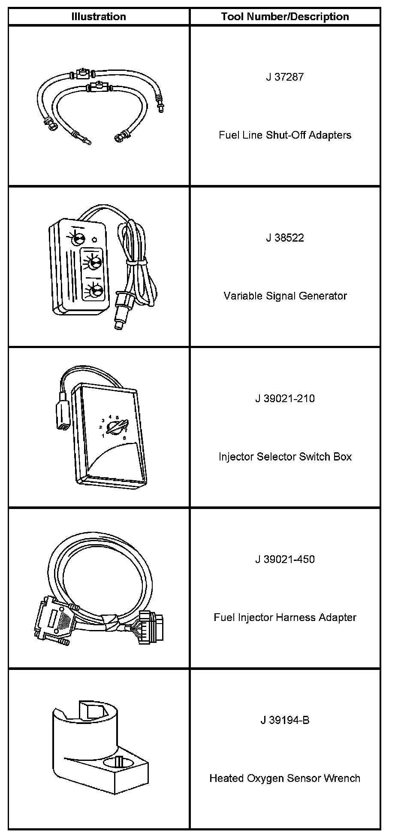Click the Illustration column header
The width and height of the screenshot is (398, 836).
pyautogui.click(x=99, y=17)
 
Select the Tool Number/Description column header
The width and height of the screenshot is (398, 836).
pyautogui.click(x=285, y=17)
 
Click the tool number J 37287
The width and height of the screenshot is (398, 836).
pyautogui.click(x=285, y=77)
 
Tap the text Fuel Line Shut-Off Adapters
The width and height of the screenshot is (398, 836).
pyautogui.click(x=285, y=135)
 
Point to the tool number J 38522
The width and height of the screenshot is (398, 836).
pyautogui.click(x=285, y=238)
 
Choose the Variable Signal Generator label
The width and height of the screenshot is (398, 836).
pyautogui.click(x=285, y=296)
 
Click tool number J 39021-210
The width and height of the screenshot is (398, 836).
pyautogui.click(x=285, y=399)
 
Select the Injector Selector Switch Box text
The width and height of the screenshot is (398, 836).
pyautogui.click(x=285, y=457)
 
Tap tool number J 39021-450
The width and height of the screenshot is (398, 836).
pyautogui.click(x=285, y=560)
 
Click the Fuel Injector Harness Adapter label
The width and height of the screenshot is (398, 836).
pyautogui.click(x=285, y=618)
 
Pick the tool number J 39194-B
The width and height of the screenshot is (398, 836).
pyautogui.click(x=285, y=720)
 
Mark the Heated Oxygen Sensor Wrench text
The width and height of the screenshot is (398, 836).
pyautogui.click(x=285, y=778)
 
